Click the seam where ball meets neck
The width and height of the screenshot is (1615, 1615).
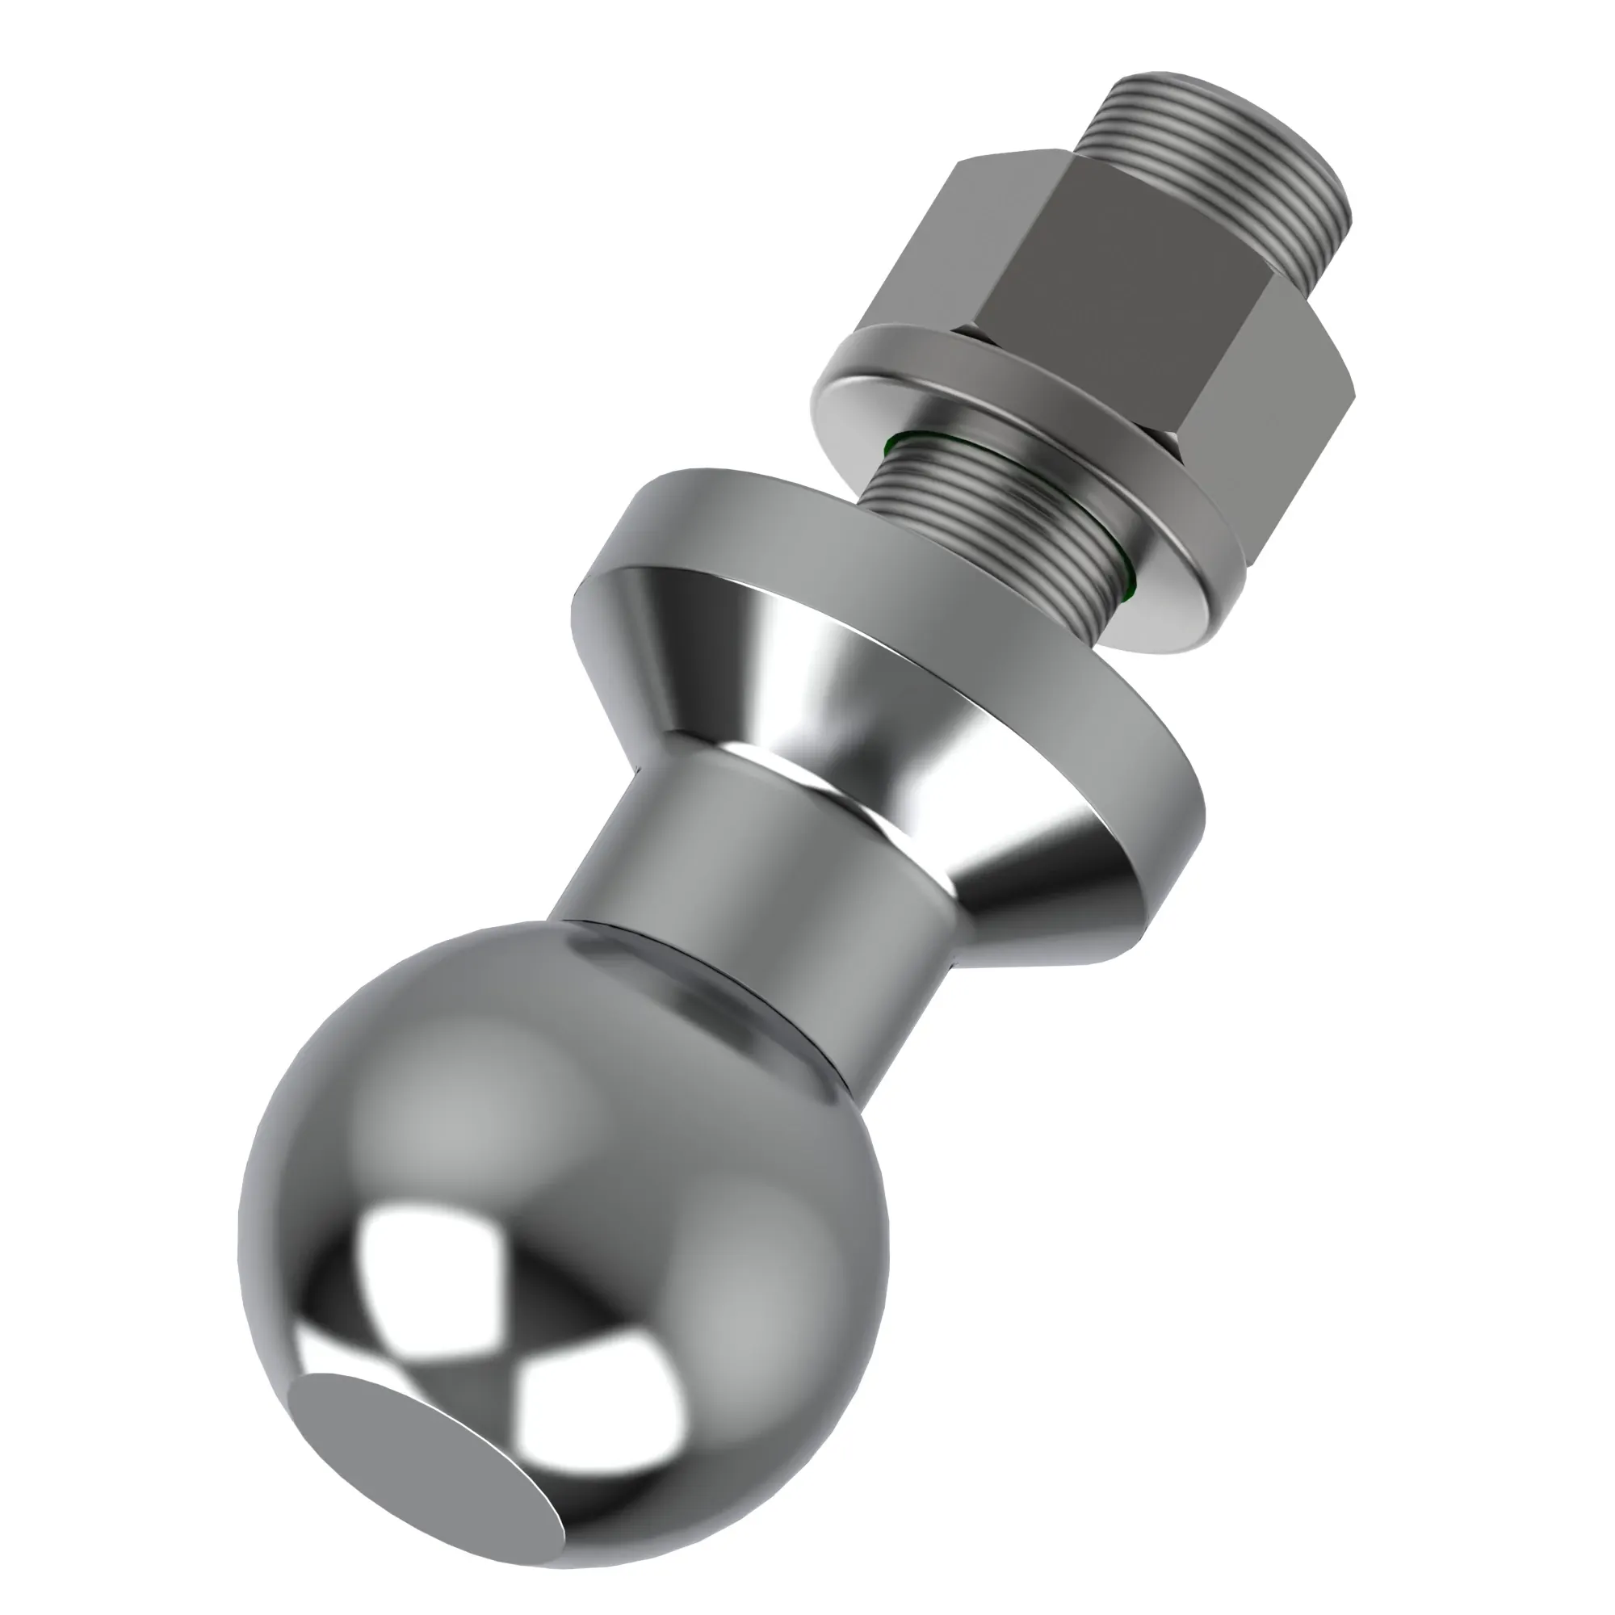coord(711,995)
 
